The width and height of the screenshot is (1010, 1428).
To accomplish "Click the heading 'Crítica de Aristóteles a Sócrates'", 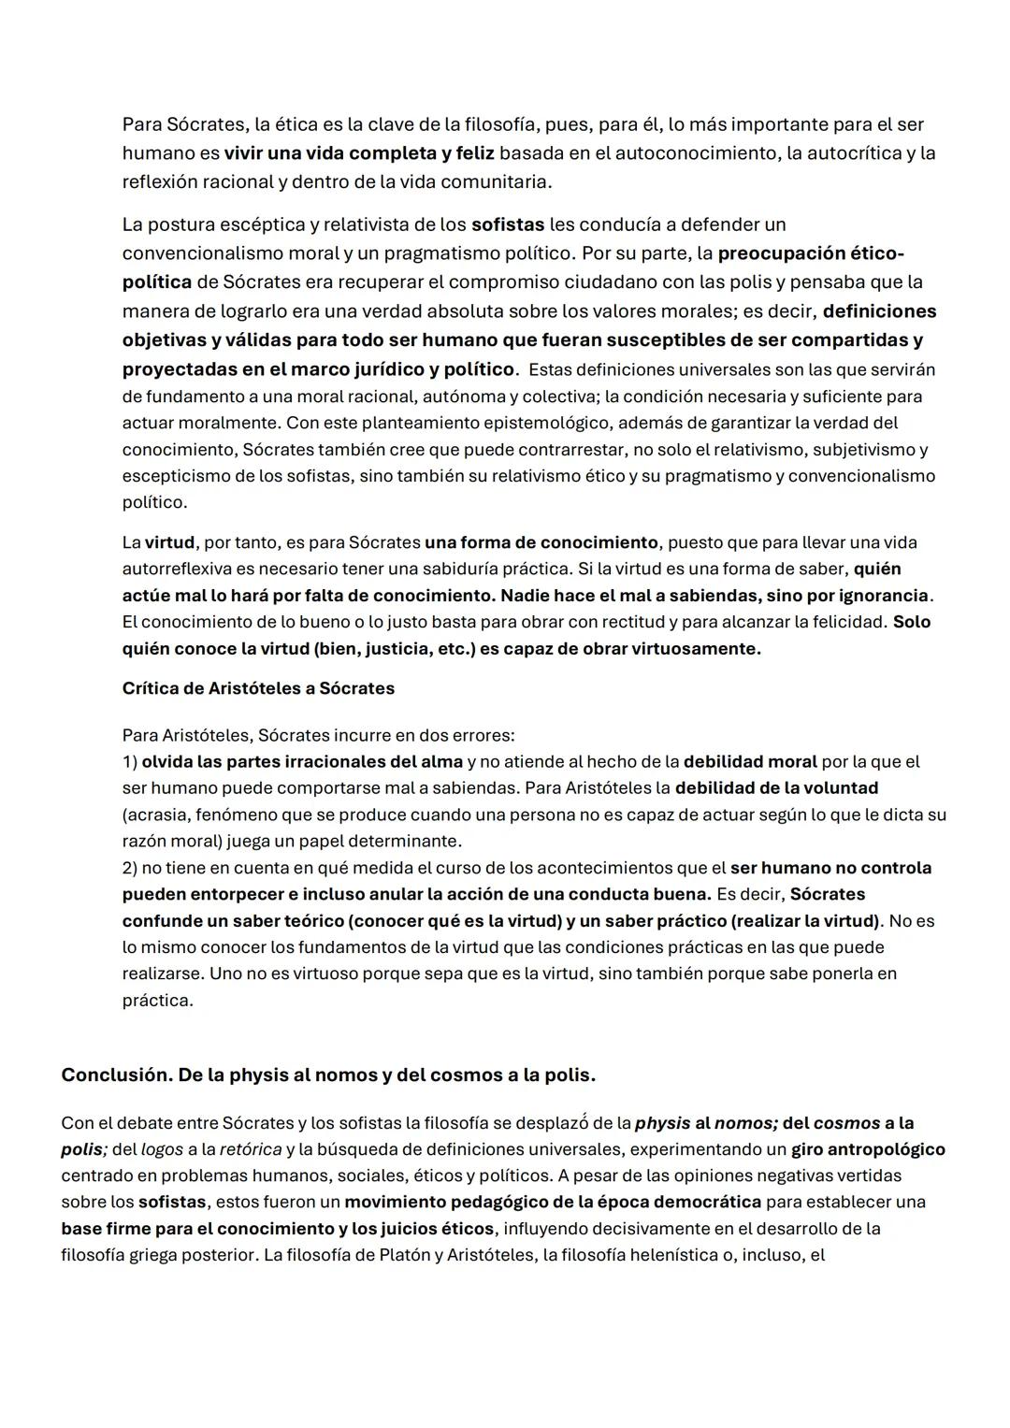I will (258, 688).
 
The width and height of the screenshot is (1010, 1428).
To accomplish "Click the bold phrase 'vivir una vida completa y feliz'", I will (359, 152).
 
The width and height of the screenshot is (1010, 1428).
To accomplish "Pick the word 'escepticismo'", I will (177, 476).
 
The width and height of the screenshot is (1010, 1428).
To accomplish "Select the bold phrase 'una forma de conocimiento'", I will (541, 542).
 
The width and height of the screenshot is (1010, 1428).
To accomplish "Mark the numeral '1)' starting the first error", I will (130, 761).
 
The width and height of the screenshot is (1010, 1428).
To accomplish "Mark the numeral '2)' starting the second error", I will (130, 868).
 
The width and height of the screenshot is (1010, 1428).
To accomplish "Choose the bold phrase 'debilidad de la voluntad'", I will (776, 787).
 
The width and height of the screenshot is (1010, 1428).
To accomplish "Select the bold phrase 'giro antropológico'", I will (868, 1149).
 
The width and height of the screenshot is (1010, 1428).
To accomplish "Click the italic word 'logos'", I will (162, 1149).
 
